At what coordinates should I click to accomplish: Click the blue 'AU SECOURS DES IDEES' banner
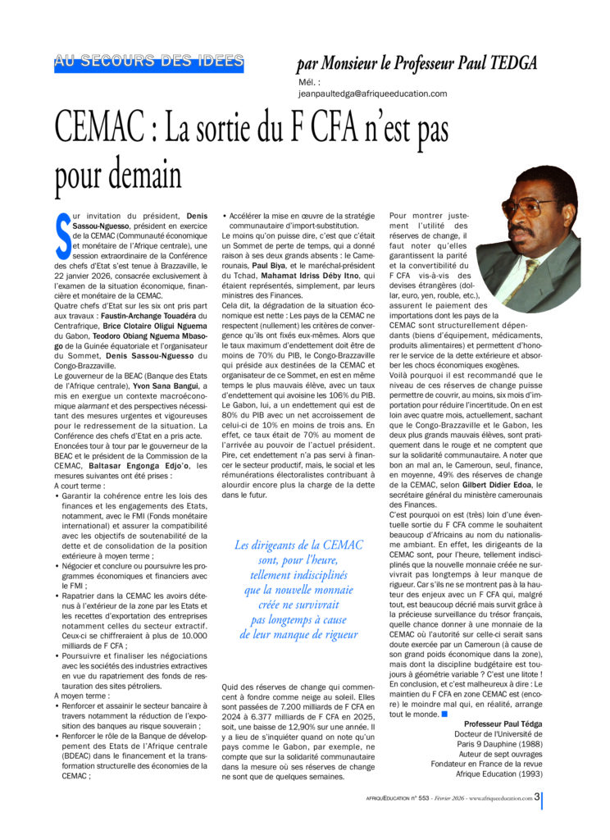(x=149, y=62)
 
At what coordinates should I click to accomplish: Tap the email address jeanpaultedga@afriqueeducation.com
(x=373, y=94)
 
